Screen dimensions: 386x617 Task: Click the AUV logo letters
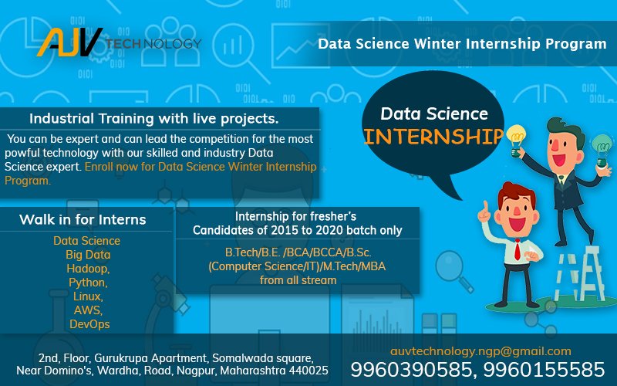coord(69,42)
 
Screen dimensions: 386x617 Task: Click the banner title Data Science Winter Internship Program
coord(462,44)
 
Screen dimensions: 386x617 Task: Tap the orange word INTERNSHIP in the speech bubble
coord(433,137)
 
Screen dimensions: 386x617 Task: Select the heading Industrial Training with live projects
coord(153,119)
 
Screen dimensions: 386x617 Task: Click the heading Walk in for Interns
coord(83,220)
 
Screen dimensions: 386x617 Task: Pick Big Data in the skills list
coord(87,255)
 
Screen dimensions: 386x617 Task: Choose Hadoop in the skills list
coord(87,269)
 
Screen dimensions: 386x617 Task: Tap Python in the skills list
coord(87,283)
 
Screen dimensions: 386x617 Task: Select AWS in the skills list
coord(87,310)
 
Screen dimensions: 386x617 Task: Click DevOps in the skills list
coord(87,324)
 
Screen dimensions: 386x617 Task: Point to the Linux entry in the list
coord(87,296)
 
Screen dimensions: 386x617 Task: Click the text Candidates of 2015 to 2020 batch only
coord(297,230)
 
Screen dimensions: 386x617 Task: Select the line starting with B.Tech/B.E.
coord(297,252)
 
